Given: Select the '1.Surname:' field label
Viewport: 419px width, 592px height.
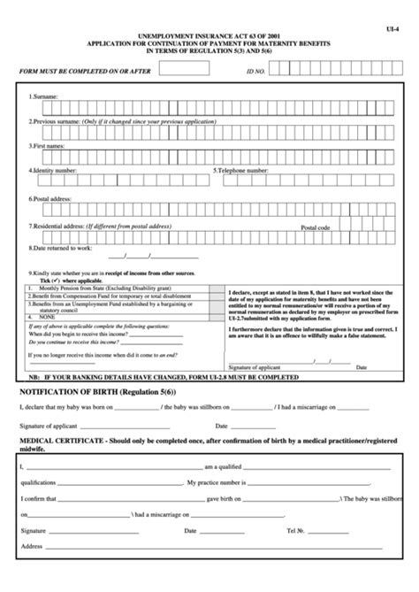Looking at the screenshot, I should coord(43,96).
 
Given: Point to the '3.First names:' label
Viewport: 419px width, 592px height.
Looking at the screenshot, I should coord(49,143).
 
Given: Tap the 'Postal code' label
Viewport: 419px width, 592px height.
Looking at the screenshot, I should coord(315,227).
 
